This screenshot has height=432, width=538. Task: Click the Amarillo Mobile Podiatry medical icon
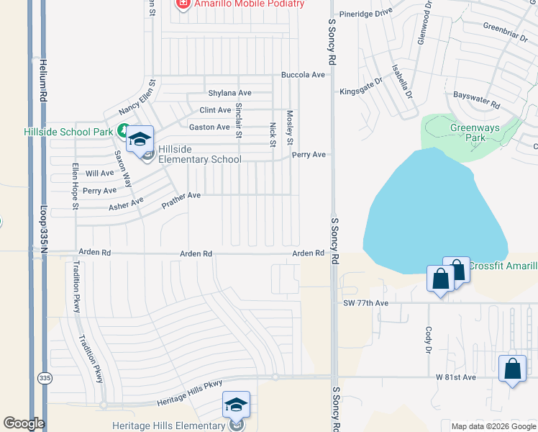(x=183, y=4)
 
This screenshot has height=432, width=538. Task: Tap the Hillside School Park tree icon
(x=124, y=132)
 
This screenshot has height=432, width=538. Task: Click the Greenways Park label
(x=470, y=132)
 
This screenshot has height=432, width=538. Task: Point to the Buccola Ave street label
(x=303, y=75)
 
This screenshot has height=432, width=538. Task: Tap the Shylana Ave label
(x=229, y=93)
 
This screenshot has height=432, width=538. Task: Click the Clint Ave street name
(x=215, y=110)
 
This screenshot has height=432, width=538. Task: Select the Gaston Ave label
(x=209, y=127)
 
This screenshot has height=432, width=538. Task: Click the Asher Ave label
(x=126, y=204)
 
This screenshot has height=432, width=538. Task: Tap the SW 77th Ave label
(x=365, y=303)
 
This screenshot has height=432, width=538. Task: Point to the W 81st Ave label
(x=456, y=377)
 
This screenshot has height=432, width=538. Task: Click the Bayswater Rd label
(x=476, y=100)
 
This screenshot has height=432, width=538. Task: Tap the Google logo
(x=24, y=423)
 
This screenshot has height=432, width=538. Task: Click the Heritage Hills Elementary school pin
(x=235, y=406)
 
